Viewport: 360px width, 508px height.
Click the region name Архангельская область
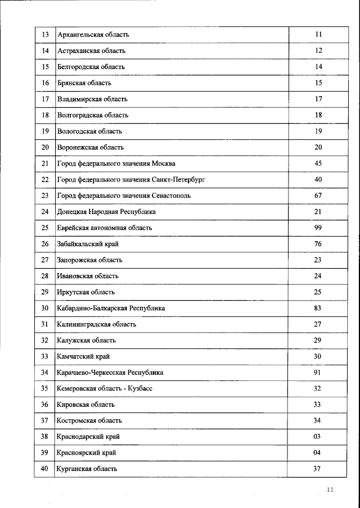93,35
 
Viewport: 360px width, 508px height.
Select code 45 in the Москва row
318,164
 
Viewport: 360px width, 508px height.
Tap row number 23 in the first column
45,196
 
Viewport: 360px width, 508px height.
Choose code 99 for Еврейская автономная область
318,228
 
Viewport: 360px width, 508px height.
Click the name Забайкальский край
88,244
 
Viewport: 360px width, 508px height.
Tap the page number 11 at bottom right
330,490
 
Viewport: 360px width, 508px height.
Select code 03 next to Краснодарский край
318,437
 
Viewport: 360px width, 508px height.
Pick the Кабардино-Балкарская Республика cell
111,309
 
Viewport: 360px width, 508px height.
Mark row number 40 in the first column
45,469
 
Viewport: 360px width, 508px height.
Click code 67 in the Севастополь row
318,196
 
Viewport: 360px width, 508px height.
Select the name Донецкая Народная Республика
106,212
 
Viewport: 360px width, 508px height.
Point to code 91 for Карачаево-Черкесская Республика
318,373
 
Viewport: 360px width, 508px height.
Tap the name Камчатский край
83,357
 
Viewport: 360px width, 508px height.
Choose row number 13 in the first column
45,35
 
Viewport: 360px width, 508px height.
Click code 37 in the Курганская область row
318,469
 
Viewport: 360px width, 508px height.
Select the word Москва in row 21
163,164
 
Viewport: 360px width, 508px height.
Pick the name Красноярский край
87,453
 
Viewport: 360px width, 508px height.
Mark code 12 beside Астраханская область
318,51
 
